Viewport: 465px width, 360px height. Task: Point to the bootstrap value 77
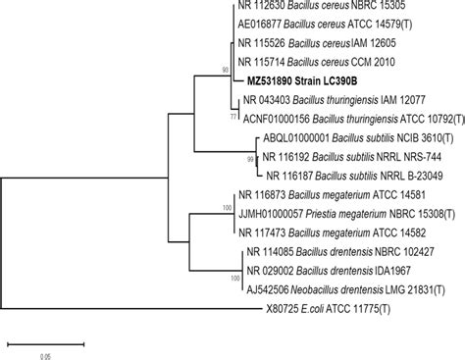[x=232, y=115]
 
